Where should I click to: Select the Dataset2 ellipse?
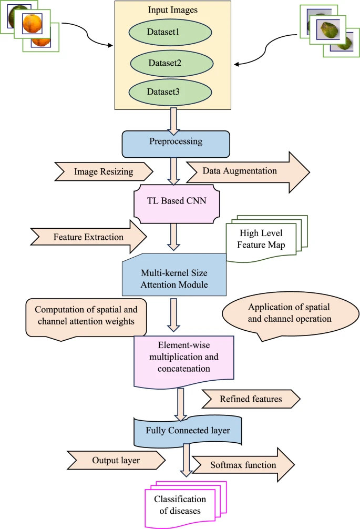pos(172,63)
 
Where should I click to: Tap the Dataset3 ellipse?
pos(170,91)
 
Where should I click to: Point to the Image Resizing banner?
pos(104,171)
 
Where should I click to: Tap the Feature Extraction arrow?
pos(88,237)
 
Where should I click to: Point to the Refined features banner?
pos(251,399)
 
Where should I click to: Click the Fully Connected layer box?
pos(188,431)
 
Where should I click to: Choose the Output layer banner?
pos(116,461)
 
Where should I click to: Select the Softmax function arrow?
pos(243,465)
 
